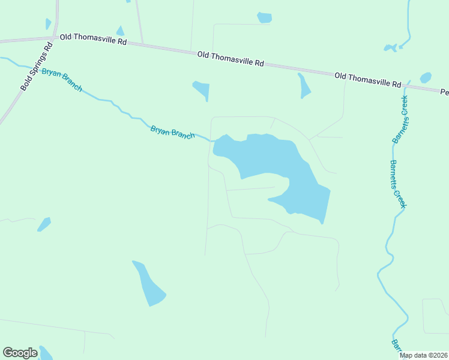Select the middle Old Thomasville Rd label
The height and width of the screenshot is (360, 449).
231,58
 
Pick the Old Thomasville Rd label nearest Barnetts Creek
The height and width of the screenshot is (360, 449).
367,80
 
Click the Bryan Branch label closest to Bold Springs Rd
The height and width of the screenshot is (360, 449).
62,80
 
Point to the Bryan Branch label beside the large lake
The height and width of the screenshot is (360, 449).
172,132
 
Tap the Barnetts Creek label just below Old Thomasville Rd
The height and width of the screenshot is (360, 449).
400,119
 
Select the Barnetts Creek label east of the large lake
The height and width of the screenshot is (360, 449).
398,184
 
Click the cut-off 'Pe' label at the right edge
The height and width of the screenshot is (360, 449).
444,92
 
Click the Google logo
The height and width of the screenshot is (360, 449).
20,353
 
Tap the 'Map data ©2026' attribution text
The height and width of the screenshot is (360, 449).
424,355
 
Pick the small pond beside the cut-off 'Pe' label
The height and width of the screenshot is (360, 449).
426,77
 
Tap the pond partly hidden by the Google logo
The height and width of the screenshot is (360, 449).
45,353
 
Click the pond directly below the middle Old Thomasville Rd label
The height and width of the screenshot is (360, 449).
202,90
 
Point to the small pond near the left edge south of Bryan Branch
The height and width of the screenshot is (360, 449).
44,224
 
